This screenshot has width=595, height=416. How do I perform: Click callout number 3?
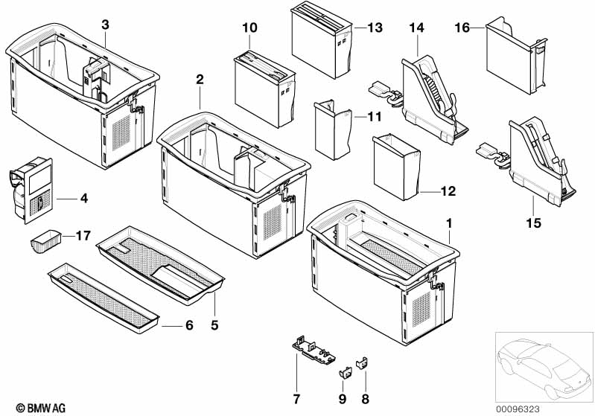(105, 25)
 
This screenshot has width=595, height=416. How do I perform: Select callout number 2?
(200, 79)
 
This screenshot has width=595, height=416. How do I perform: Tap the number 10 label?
(249, 28)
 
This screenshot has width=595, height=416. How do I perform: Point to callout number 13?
(375, 28)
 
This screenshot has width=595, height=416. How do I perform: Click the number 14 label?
(416, 28)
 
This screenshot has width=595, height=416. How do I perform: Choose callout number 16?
(462, 28)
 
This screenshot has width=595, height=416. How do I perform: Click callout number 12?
(447, 191)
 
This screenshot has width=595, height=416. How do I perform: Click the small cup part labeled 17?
(45, 242)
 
